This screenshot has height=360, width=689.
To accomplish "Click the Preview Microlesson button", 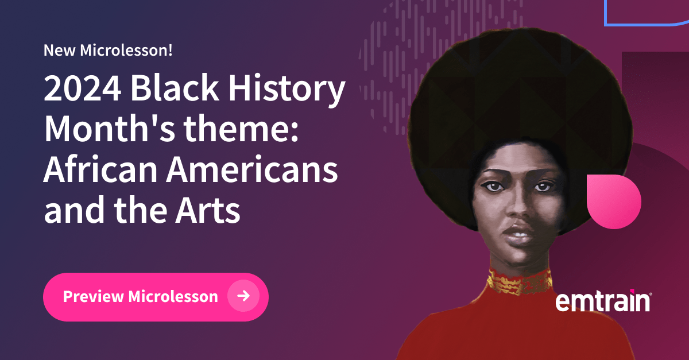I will click(x=155, y=296).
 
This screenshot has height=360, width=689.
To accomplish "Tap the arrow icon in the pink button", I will click(x=243, y=296).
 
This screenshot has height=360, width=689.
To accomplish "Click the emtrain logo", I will click(x=603, y=301).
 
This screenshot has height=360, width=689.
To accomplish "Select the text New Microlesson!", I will click(x=108, y=51).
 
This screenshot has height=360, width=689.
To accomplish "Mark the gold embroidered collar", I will click(x=520, y=282).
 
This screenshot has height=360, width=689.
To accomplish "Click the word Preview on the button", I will click(x=93, y=296).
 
